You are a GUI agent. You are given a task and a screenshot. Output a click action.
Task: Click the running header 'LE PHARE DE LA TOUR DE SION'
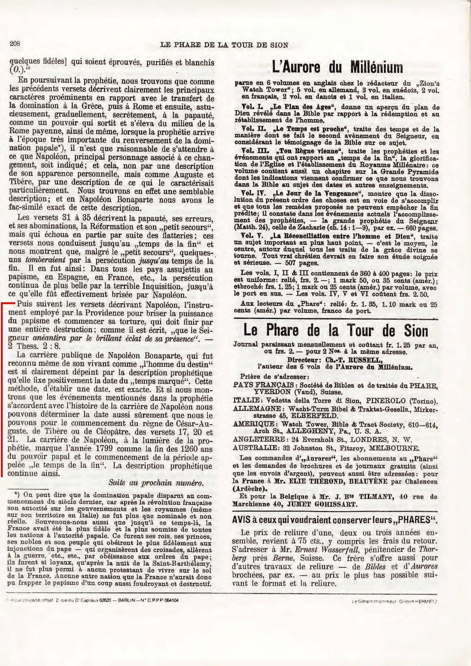click(x=224, y=45)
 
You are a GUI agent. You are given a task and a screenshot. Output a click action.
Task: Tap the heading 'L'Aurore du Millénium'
click(x=337, y=68)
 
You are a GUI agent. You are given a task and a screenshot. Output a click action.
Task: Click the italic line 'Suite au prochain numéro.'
click(x=156, y=483)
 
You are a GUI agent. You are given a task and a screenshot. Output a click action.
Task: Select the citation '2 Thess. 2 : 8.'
click(x=34, y=346)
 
